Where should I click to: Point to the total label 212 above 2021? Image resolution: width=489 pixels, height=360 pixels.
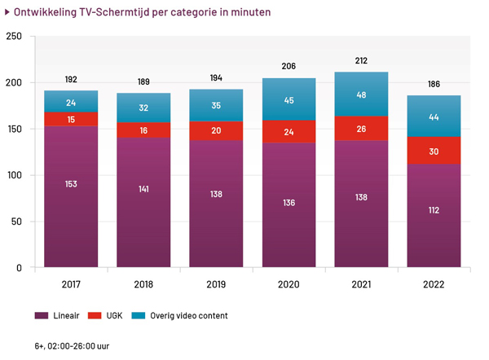[x=361, y=60]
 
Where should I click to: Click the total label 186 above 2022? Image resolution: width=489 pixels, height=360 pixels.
[x=434, y=84]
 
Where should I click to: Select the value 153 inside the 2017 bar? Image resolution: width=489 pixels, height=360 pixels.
[x=71, y=184]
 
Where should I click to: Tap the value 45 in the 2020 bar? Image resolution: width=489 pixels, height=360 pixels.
[x=289, y=101]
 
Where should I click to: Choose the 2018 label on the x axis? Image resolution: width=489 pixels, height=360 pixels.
[x=143, y=284]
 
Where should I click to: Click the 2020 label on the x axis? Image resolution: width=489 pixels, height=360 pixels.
[x=289, y=284]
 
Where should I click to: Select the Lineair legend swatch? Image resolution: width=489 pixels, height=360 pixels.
[x=42, y=316]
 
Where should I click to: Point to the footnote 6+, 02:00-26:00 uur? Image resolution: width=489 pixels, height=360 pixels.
[x=72, y=346]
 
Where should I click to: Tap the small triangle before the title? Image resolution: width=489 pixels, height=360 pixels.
[x=7, y=12]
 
